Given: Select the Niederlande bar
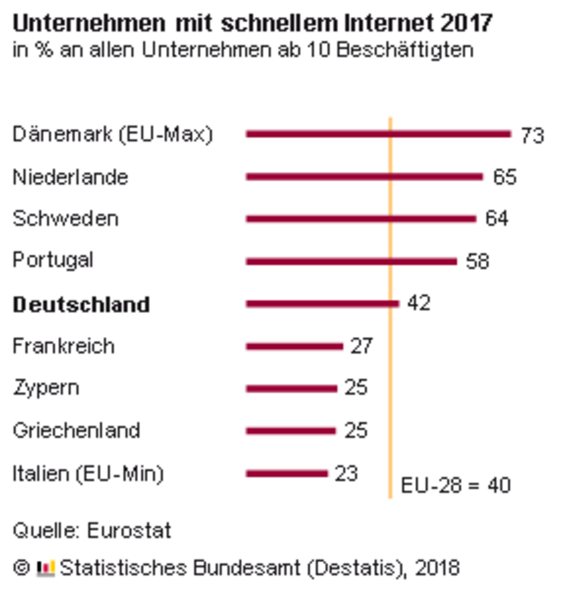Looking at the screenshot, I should tap(364, 177).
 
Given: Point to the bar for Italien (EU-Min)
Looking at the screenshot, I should tap(287, 472).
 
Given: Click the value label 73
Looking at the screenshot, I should tap(533, 135).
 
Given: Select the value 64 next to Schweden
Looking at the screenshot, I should tap(497, 219).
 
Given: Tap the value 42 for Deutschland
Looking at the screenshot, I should tap(418, 303).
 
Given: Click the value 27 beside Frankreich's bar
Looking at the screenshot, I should tap(361, 346).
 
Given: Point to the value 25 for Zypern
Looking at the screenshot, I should tap(356, 388).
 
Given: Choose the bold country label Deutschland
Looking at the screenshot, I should tap(81, 305).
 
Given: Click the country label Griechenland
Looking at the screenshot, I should tap(76, 430).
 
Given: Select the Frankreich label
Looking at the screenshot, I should tap(64, 346).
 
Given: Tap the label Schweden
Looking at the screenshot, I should tap(65, 219).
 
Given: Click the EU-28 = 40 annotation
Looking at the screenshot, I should tap(455, 485).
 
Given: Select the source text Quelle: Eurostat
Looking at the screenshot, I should tap(91, 531).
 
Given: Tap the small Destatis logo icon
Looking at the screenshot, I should tap(45, 567).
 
